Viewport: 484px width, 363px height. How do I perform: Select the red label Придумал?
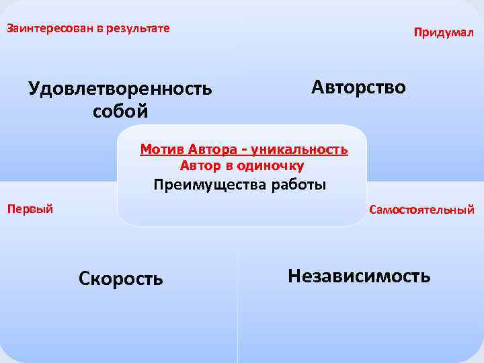pyautogui.click(x=444, y=32)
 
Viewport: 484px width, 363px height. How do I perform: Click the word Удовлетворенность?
pyautogui.click(x=120, y=89)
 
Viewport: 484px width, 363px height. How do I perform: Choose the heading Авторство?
pyautogui.click(x=358, y=87)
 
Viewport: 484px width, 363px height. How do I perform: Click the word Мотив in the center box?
pyautogui.click(x=162, y=149)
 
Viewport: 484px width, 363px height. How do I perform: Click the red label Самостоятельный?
pyautogui.click(x=421, y=210)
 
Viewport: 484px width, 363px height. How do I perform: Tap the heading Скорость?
pyautogui.click(x=120, y=278)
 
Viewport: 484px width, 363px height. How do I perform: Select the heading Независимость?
pyautogui.click(x=359, y=275)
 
